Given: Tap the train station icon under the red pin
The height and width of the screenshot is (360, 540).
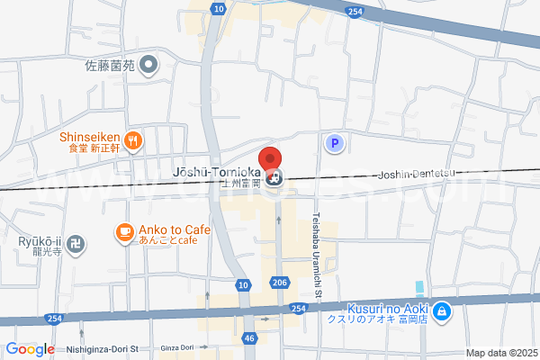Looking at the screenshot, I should [x=280, y=177].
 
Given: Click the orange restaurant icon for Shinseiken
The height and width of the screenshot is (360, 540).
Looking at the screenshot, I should [x=133, y=139].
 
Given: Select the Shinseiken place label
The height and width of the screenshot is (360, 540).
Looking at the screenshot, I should [x=90, y=138].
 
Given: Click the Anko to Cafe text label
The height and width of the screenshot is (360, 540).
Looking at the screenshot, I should [x=174, y=230].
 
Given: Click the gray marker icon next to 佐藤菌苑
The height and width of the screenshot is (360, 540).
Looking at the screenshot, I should [x=150, y=65].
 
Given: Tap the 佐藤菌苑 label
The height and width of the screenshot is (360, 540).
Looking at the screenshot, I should [x=109, y=66].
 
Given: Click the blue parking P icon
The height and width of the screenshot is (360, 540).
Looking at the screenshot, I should [x=335, y=143].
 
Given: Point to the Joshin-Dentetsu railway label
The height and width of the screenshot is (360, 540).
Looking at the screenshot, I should [x=420, y=175].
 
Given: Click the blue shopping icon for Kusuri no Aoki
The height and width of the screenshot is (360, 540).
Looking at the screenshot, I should [x=441, y=312].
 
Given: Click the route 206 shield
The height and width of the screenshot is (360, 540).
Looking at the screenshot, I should [x=279, y=283].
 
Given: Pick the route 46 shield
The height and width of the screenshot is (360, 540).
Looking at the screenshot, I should [x=250, y=338].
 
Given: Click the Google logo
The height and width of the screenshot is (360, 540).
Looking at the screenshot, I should [x=31, y=349].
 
